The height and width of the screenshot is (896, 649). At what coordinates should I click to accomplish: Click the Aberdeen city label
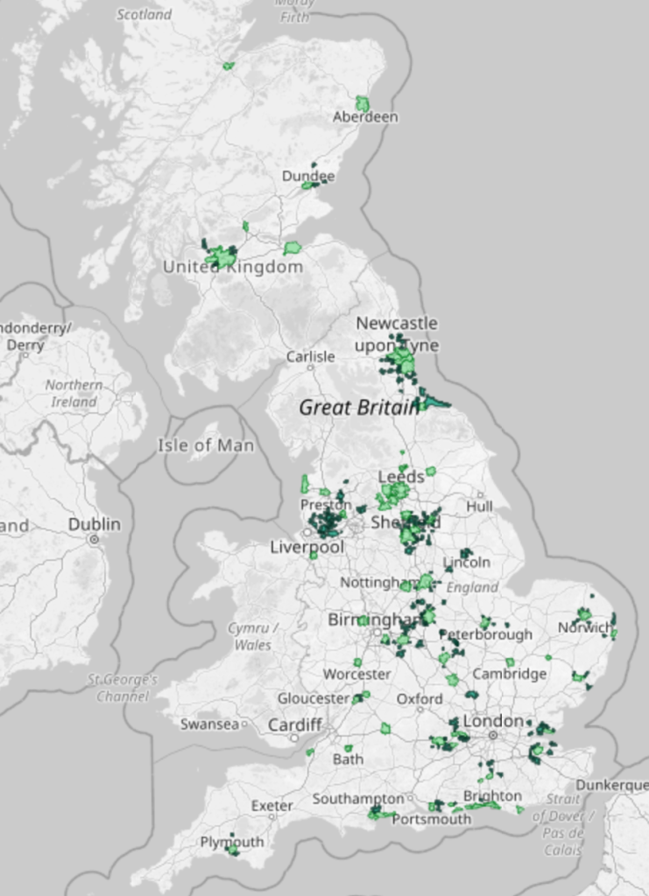tap(365, 117)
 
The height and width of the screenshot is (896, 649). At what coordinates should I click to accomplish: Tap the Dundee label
tap(307, 176)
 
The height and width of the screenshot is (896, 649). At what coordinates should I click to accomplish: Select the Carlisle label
tap(310, 357)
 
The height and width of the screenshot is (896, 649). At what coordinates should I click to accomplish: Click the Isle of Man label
tap(206, 445)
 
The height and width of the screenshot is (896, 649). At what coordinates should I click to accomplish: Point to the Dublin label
tap(95, 524)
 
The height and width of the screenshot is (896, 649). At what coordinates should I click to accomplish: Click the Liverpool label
tap(307, 547)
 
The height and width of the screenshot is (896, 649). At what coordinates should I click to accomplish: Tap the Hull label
tap(479, 506)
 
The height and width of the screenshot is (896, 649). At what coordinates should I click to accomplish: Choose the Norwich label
tap(585, 627)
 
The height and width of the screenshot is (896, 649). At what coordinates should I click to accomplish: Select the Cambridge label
tap(509, 674)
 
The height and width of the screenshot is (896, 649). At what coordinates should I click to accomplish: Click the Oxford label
tap(420, 699)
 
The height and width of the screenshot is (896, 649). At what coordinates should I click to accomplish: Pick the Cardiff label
tap(295, 725)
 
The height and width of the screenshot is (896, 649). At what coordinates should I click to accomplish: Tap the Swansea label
tap(209, 724)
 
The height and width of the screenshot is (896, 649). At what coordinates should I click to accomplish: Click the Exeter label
tap(272, 805)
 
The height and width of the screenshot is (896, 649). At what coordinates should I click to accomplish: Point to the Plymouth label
tap(232, 842)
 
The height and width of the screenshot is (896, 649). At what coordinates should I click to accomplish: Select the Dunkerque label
tap(611, 786)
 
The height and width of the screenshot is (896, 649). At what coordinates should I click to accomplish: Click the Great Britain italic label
tap(359, 407)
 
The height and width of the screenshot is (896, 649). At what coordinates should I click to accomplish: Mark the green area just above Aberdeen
tap(362, 103)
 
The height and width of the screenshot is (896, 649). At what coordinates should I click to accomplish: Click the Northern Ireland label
tap(74, 394)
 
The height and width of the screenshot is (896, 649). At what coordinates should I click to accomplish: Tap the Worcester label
tap(356, 675)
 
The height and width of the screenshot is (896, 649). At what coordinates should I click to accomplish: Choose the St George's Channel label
tap(123, 688)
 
